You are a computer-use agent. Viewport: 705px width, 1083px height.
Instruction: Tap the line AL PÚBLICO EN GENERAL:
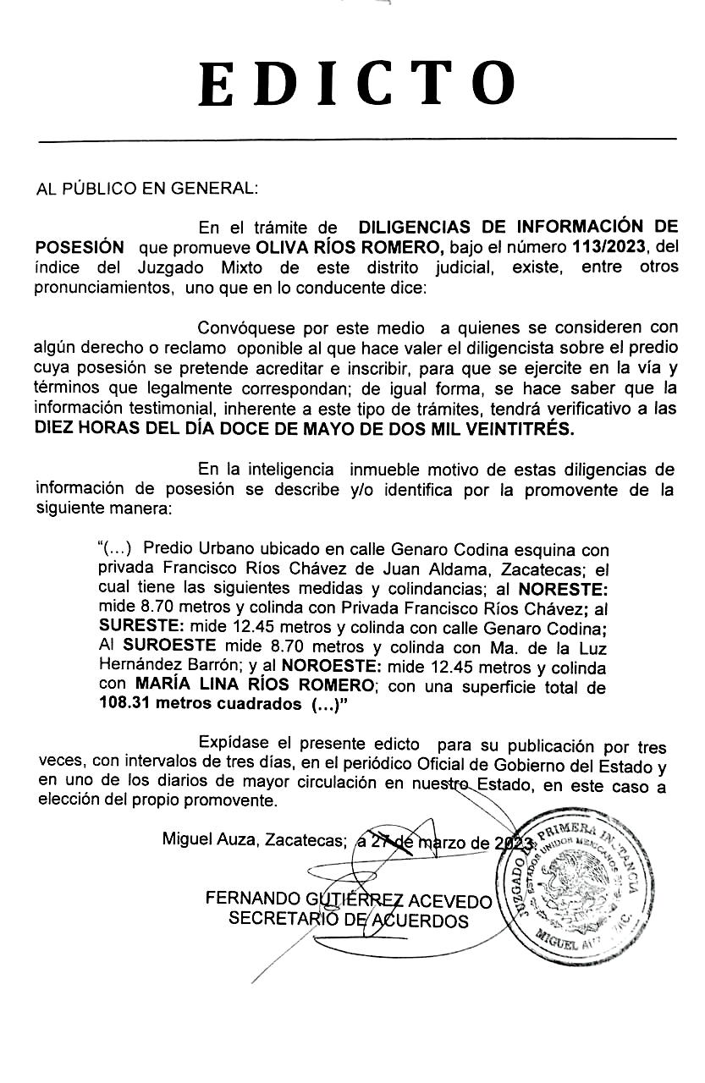146,187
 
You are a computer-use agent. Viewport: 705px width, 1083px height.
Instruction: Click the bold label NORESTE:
563,588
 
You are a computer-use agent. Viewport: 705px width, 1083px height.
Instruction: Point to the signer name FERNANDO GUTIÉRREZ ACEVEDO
348,899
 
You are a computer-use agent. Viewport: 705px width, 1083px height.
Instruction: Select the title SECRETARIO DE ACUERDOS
348,920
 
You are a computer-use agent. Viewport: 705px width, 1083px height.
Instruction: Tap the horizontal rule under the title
355,139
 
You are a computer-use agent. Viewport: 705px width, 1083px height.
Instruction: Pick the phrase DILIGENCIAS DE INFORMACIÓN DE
518,227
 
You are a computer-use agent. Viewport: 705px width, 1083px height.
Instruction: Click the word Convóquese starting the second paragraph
244,327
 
